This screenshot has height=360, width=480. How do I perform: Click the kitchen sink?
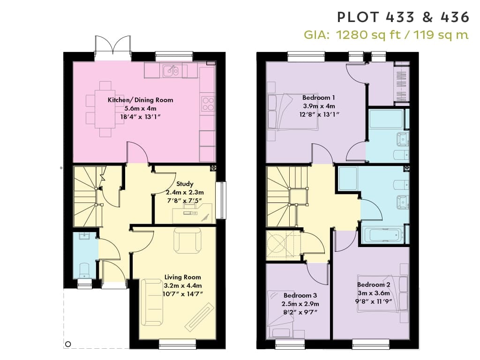click(171, 71)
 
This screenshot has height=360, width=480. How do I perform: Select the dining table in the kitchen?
click(105, 109)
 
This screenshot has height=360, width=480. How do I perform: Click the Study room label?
click(185, 184)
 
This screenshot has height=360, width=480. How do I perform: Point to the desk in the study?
click(192, 213)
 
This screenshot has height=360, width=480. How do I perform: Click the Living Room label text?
click(183, 277)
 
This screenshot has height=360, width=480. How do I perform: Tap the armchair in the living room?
click(187, 240)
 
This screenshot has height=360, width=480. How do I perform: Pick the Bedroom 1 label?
click(318, 97)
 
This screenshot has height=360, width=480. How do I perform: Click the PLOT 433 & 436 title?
click(403, 17)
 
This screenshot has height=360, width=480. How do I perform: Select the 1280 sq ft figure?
click(368, 35)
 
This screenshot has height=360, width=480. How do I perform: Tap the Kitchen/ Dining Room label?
click(141, 100)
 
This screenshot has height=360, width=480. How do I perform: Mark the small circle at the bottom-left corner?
click(68, 344)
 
